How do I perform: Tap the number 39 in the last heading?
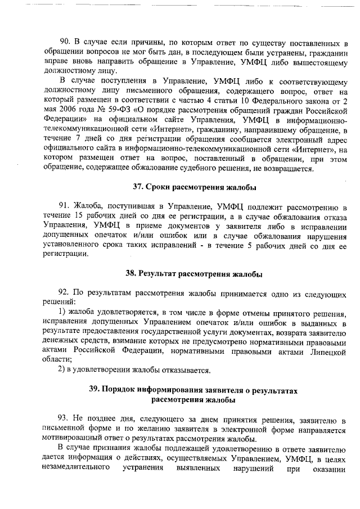click(95, 390)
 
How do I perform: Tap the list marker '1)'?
click(63, 312)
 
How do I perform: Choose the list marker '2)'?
click(63, 370)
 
